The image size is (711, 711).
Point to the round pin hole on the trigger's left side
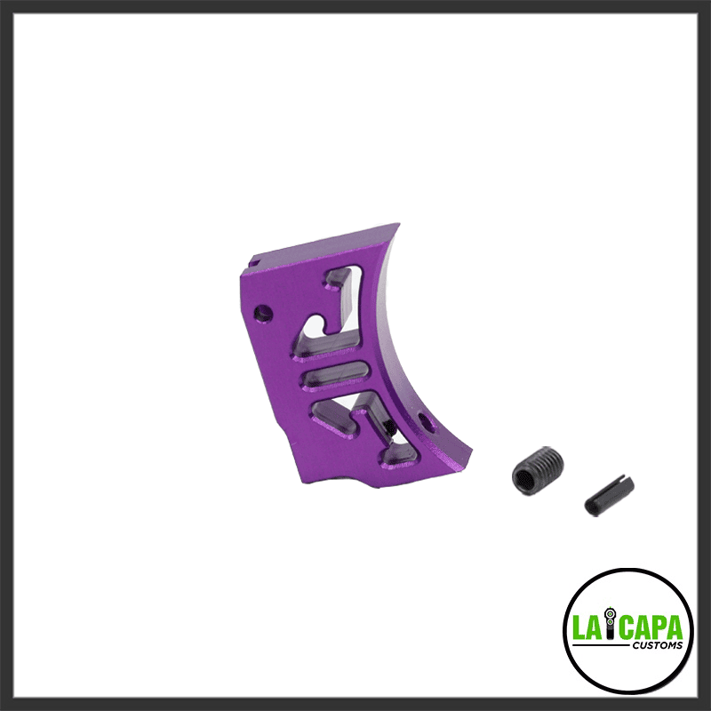point(261,313)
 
